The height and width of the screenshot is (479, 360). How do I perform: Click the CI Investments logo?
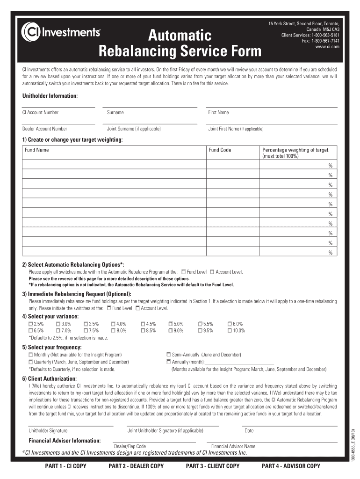[60, 32]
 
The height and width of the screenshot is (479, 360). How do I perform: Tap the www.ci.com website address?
[327, 47]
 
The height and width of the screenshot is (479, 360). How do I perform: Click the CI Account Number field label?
[41, 112]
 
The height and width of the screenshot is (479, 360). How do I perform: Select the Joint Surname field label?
[134, 129]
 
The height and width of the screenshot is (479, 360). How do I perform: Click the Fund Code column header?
[220, 150]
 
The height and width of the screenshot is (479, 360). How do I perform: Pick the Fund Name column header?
[37, 150]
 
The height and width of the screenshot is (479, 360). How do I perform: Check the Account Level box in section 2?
[212, 272]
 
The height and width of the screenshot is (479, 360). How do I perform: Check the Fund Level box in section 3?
[109, 308]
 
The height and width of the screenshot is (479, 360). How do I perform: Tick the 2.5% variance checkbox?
[31, 324]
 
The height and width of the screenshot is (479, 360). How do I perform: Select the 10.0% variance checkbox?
[230, 331]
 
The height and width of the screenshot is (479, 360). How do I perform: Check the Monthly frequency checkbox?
[31, 355]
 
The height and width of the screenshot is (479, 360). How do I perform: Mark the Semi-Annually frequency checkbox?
[169, 355]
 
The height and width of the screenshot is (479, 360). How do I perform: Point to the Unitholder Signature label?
[48, 430]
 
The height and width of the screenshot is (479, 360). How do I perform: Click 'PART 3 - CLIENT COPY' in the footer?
[212, 466]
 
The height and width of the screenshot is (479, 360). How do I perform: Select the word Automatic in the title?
[180, 35]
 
